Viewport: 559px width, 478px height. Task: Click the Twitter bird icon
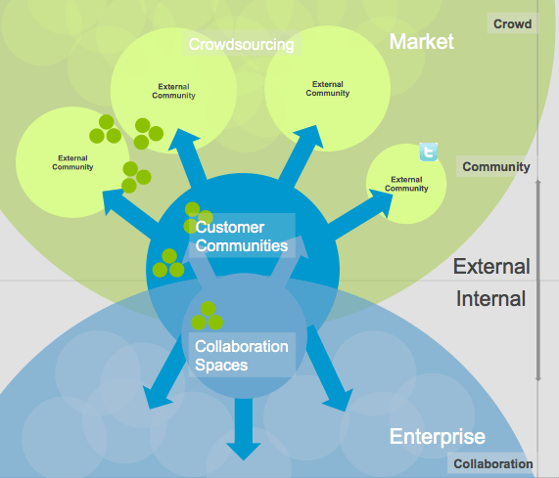click(x=428, y=152)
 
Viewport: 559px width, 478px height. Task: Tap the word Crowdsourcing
click(x=241, y=44)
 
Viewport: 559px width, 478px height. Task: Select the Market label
click(x=422, y=41)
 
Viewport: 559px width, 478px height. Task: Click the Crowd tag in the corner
click(x=512, y=22)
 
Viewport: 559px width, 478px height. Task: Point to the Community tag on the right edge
click(x=495, y=167)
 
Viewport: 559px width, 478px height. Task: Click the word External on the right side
click(x=491, y=267)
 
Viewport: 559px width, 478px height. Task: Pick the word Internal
click(x=491, y=299)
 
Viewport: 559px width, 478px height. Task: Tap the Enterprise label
click(x=437, y=437)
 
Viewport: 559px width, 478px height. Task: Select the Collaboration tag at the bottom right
click(x=492, y=464)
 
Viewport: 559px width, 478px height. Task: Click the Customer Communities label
click(x=241, y=237)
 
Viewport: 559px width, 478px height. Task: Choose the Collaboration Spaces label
click(x=241, y=356)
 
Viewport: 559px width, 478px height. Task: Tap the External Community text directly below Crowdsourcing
click(x=174, y=92)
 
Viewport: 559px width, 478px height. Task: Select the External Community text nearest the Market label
click(x=327, y=89)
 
